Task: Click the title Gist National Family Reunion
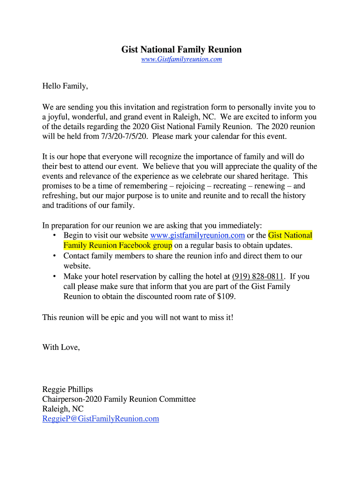click(181, 49)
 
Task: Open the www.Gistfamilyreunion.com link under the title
click(181, 59)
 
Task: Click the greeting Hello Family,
click(65, 86)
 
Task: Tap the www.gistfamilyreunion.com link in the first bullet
click(198, 235)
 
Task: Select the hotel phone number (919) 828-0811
click(258, 276)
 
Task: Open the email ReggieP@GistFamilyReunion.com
click(101, 419)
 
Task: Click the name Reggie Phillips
click(68, 389)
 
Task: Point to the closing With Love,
click(61, 347)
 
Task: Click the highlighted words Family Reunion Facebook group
click(118, 246)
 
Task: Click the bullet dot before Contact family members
click(55, 256)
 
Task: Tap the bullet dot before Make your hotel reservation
click(55, 276)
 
